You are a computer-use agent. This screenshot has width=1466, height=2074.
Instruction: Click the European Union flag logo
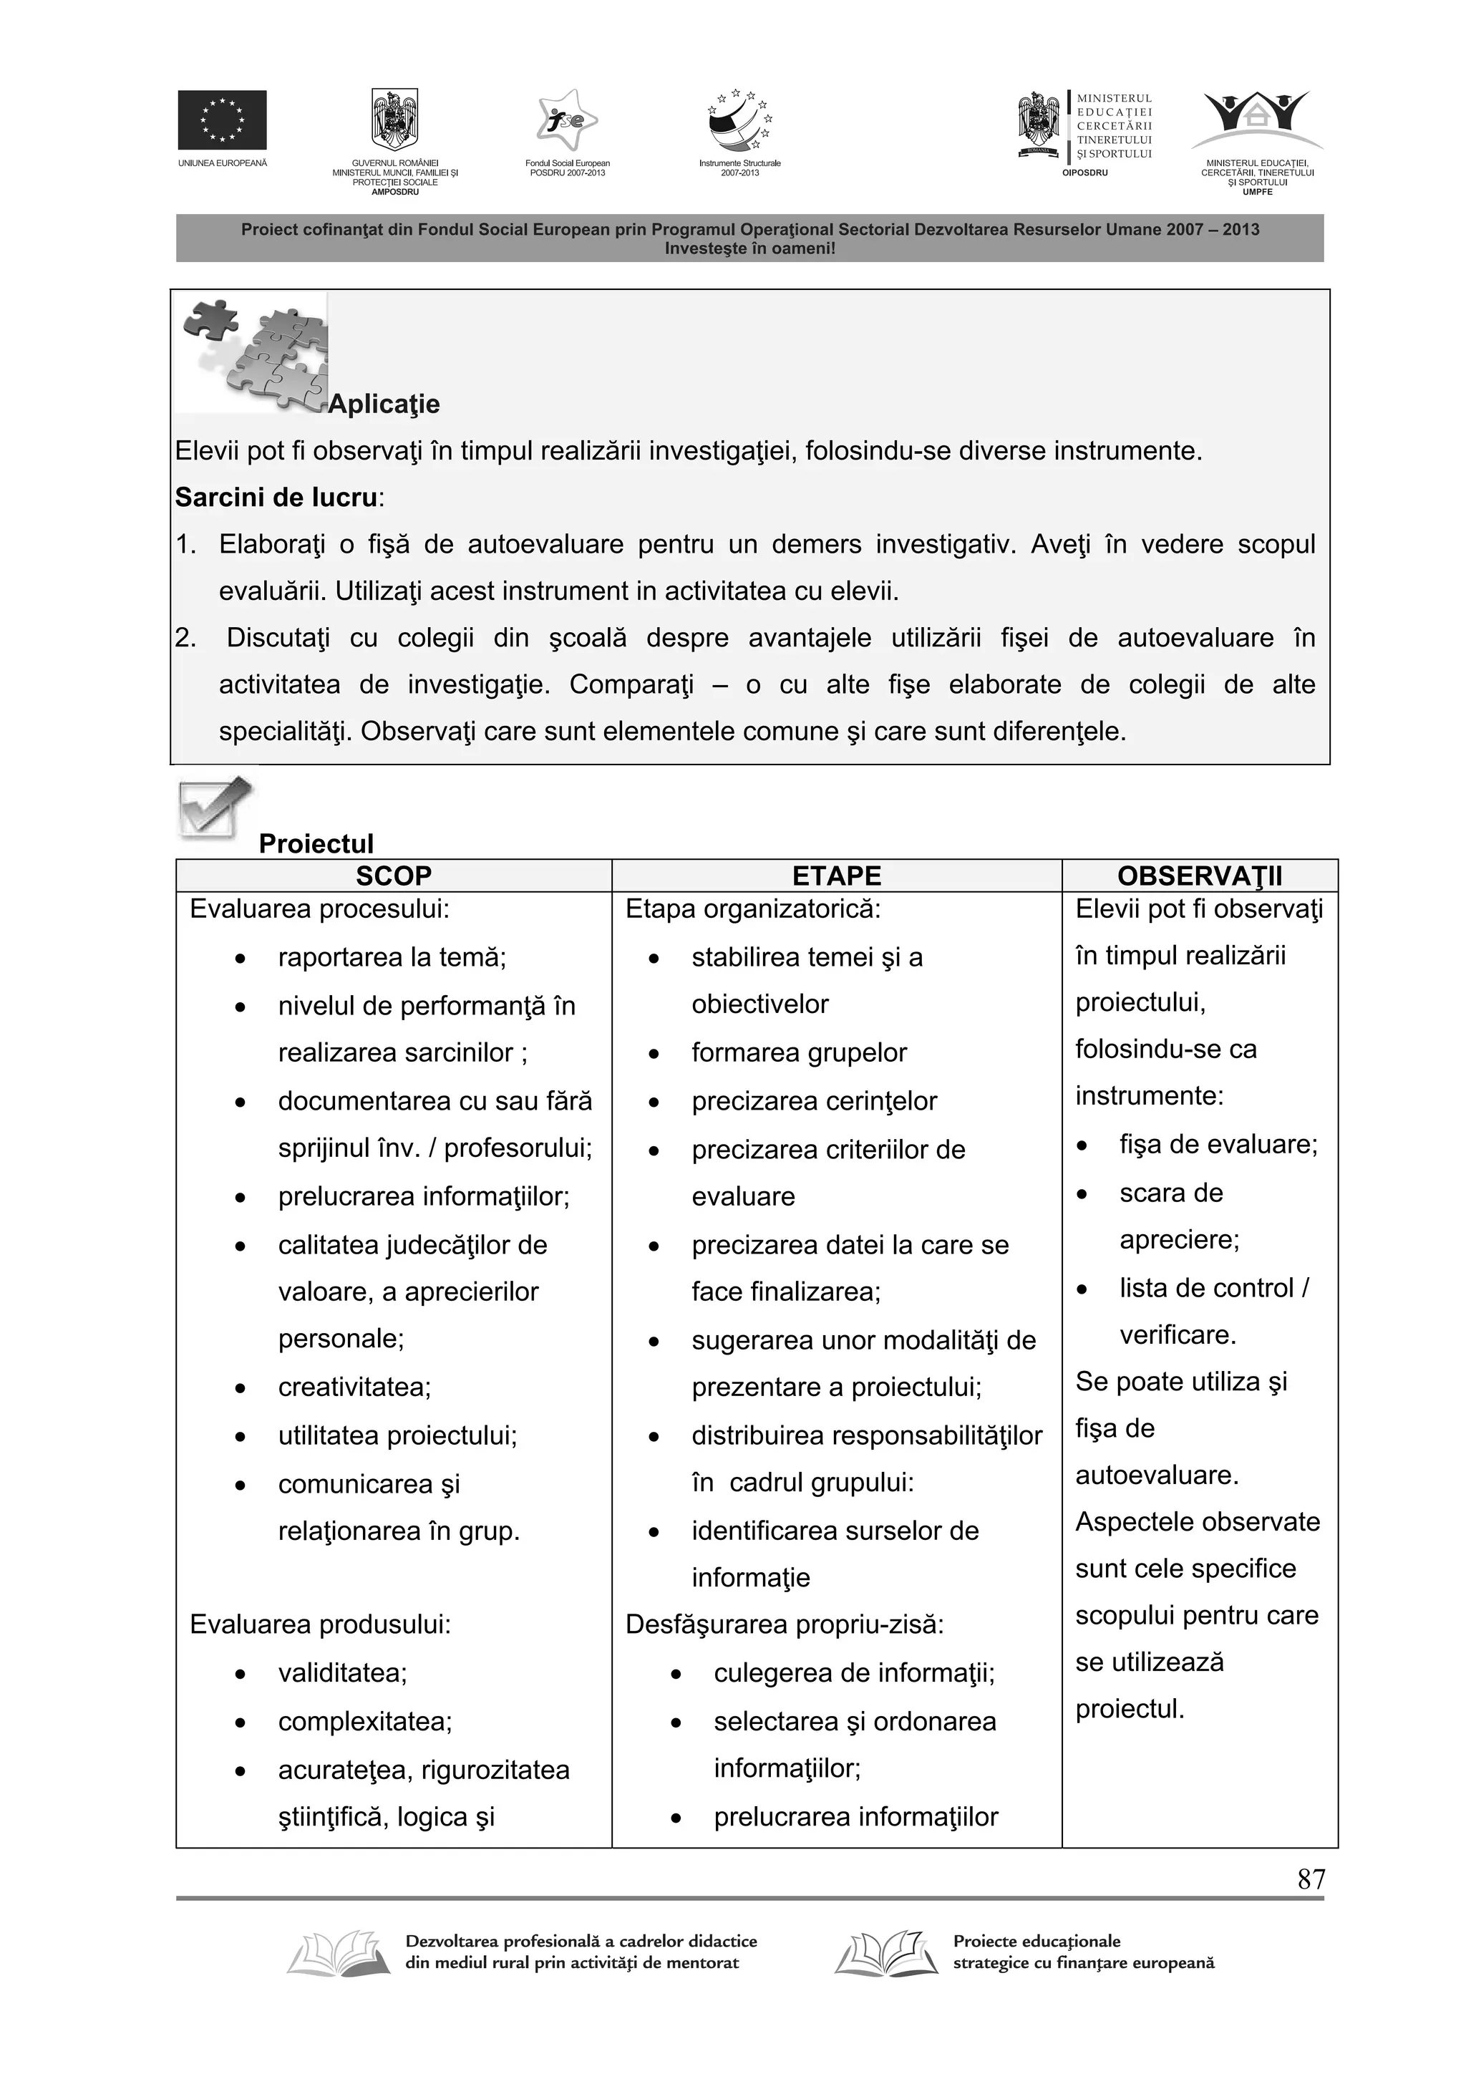(x=221, y=120)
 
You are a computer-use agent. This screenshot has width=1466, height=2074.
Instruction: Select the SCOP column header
(x=393, y=876)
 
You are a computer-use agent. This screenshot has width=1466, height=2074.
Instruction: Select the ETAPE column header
(x=835, y=876)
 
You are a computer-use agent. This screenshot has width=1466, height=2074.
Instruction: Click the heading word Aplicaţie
(x=384, y=404)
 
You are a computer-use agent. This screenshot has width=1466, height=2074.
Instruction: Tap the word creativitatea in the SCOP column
(x=354, y=1387)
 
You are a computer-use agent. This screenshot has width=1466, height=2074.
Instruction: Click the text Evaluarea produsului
(x=320, y=1624)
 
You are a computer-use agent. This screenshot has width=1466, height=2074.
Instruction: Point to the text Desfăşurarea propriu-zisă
(x=784, y=1624)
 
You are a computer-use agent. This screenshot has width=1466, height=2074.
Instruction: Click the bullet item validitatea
(x=342, y=1673)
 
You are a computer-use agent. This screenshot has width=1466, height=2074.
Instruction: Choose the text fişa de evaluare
(x=1218, y=1145)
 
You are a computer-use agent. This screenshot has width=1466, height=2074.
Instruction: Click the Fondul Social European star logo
(x=567, y=120)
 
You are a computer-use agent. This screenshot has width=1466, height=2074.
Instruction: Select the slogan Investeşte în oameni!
(x=749, y=248)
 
